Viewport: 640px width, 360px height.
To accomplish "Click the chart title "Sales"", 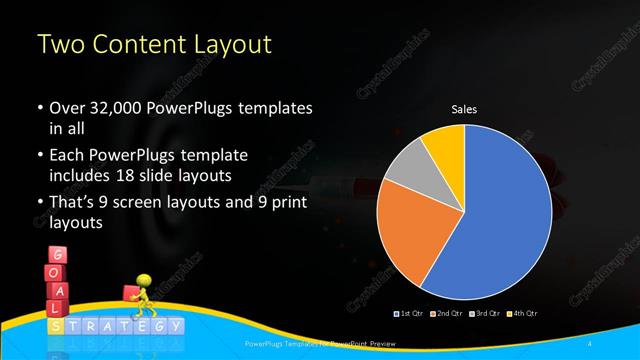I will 465,109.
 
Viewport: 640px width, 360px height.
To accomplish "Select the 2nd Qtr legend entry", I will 446,315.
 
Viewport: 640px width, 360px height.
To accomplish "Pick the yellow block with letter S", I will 59,326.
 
